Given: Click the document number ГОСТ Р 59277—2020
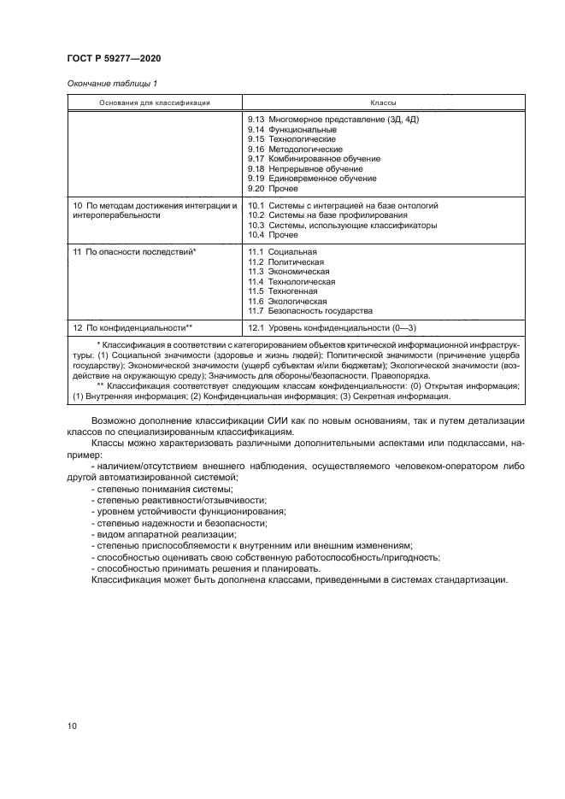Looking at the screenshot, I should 114,58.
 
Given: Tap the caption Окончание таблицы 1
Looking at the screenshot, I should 111,83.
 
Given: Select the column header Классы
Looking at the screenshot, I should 383,102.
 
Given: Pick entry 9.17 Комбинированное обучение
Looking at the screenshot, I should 314,159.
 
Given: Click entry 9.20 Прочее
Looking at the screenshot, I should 273,189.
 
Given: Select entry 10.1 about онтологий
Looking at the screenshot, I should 343,206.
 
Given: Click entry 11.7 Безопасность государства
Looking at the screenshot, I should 309,311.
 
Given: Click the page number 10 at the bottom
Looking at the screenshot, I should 72,726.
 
